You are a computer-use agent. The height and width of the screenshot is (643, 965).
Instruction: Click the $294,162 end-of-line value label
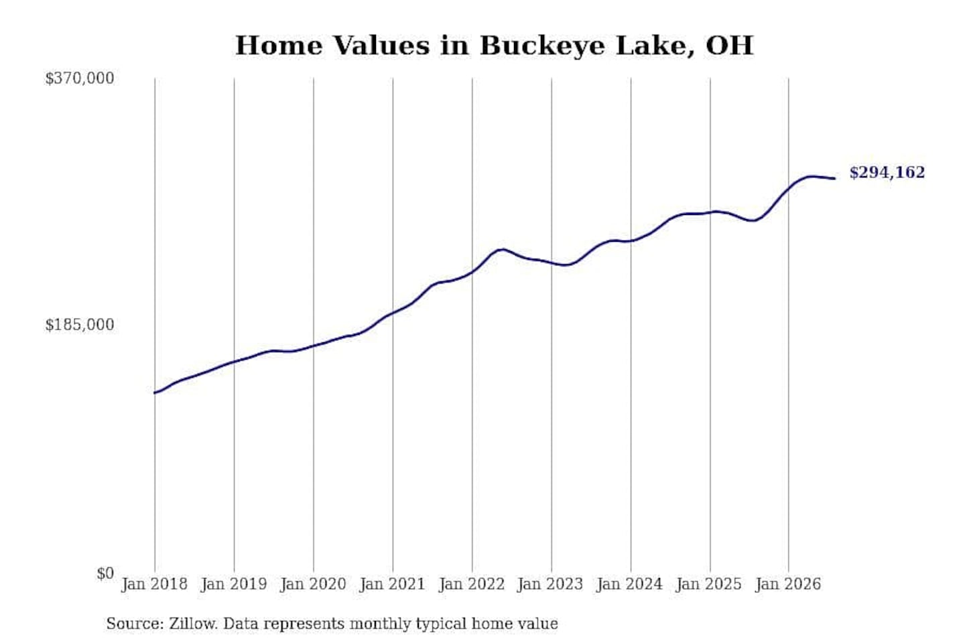[887, 173]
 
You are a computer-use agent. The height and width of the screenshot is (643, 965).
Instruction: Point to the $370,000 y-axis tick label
[80, 78]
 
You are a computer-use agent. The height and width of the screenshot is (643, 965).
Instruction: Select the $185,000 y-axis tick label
[80, 325]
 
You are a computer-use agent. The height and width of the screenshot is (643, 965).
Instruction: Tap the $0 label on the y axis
[105, 573]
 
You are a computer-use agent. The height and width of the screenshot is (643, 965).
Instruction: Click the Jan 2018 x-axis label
[154, 585]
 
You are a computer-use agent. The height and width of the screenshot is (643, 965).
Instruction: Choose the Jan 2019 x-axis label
[234, 585]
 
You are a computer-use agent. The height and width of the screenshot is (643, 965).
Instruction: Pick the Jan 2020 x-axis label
[313, 585]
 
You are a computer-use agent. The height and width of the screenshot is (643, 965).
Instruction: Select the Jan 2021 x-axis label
[393, 585]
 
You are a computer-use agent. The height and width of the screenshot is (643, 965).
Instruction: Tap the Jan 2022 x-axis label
[472, 585]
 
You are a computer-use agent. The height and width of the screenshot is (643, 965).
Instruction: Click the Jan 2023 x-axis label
[551, 585]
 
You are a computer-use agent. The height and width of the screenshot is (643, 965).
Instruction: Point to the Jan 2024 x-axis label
[630, 585]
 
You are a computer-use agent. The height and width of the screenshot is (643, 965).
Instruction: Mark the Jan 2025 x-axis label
[710, 585]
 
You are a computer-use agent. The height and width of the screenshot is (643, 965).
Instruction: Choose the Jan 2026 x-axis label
[788, 585]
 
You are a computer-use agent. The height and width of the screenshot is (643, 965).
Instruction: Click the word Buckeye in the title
[543, 46]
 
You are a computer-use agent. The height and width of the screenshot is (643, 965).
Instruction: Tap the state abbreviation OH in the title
[730, 45]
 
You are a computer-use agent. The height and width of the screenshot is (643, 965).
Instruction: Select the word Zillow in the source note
[194, 624]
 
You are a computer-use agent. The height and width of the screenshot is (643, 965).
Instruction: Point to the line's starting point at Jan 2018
[155, 392]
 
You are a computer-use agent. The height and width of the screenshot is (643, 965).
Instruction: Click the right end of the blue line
[835, 178]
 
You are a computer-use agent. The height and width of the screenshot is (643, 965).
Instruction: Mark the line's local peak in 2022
[501, 249]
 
